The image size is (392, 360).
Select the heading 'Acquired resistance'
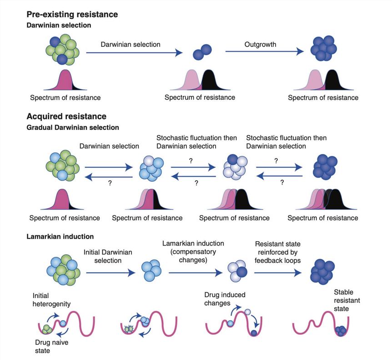(x=67, y=117)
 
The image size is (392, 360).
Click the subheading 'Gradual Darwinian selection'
(x=73, y=128)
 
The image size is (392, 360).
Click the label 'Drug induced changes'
(x=224, y=299)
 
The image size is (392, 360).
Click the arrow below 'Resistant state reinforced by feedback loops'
(x=277, y=273)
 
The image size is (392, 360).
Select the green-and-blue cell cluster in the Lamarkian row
(x=62, y=270)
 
